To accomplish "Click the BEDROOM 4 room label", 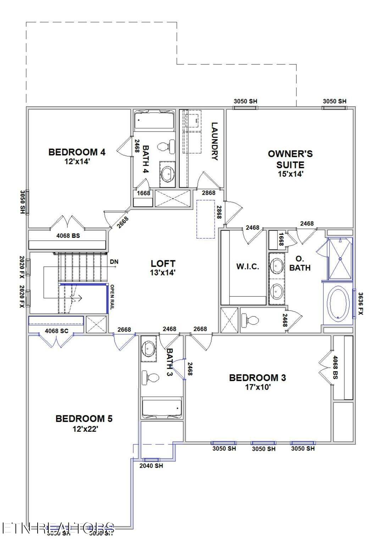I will click(x=77, y=152).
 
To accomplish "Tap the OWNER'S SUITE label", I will click(x=290, y=159).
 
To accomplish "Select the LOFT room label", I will click(x=163, y=263).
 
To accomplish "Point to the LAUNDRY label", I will click(x=214, y=141).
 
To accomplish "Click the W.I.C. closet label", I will click(x=248, y=267).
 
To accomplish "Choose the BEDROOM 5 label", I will click(x=84, y=419).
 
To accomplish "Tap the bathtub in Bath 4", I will click(x=154, y=120).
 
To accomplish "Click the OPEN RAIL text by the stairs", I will click(x=112, y=297).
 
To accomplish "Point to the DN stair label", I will click(x=114, y=262).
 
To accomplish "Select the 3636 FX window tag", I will click(x=360, y=303).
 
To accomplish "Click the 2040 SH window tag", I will click(x=151, y=466).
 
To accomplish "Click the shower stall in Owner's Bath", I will click(x=340, y=259).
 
